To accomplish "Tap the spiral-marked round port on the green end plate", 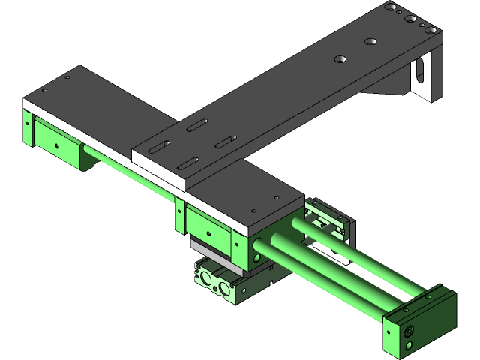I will click(x=408, y=330).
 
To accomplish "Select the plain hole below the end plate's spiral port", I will click(x=410, y=344).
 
